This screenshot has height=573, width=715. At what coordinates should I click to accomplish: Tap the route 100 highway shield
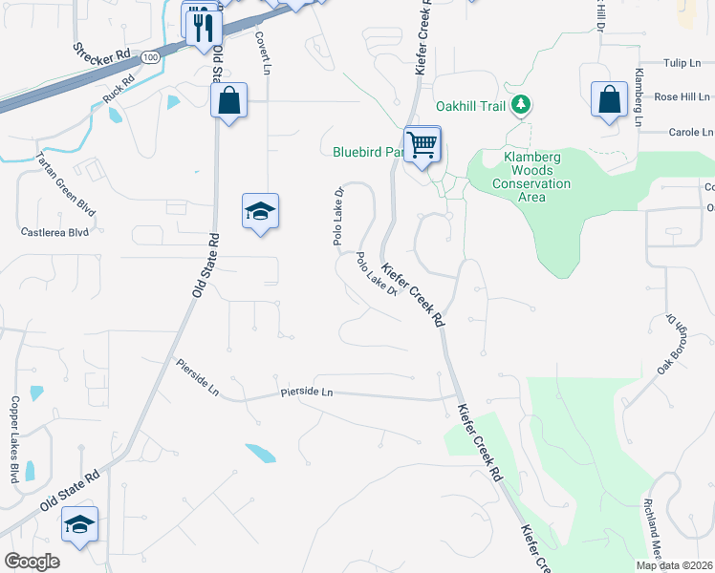tap(150, 57)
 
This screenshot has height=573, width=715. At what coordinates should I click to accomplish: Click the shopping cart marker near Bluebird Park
tap(422, 145)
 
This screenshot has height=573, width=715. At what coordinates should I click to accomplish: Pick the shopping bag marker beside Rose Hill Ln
tap(609, 99)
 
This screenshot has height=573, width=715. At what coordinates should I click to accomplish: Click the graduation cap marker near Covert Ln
tap(260, 211)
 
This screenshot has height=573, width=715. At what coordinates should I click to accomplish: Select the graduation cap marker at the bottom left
tap(80, 523)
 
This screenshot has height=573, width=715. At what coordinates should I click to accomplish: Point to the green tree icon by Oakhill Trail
tap(520, 105)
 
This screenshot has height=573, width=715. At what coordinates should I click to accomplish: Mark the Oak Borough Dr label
tap(668, 341)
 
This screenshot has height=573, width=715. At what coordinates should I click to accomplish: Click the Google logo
tap(32, 561)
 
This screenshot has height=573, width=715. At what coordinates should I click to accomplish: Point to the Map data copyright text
tap(674, 565)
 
